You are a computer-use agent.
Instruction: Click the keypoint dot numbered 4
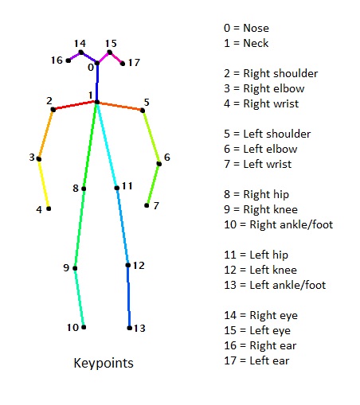(49, 208)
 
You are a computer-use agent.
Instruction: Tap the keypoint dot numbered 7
(147, 205)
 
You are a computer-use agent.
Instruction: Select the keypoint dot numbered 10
(83, 326)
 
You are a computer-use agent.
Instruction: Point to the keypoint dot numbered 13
(129, 327)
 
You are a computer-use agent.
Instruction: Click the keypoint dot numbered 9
(76, 268)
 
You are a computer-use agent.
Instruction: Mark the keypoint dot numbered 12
(127, 265)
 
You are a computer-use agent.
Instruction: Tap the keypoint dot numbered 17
(123, 63)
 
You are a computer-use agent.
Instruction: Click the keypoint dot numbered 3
(39, 158)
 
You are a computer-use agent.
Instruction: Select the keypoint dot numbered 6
(158, 164)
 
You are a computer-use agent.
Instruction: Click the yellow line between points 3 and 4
(44, 184)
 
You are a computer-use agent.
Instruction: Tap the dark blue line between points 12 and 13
(128, 296)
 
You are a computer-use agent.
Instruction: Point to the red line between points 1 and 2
(74, 106)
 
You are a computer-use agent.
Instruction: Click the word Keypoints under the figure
(103, 364)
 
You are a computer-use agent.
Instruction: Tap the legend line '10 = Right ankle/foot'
(278, 224)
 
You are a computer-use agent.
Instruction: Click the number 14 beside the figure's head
(80, 43)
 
